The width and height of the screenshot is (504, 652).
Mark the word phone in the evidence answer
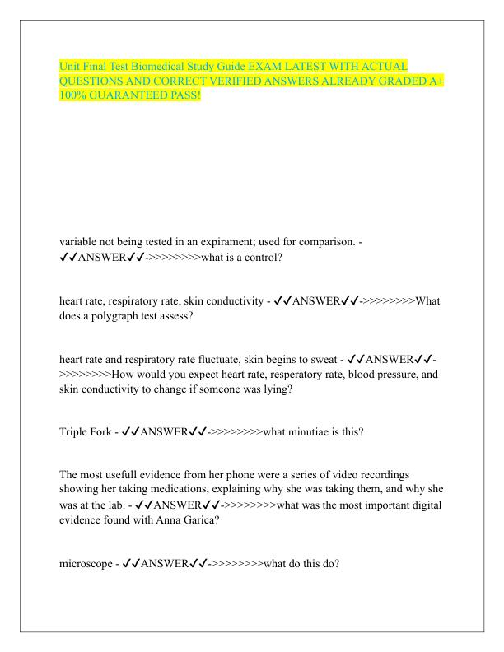pos(250,475)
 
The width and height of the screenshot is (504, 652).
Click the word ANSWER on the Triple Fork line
pos(164,431)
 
